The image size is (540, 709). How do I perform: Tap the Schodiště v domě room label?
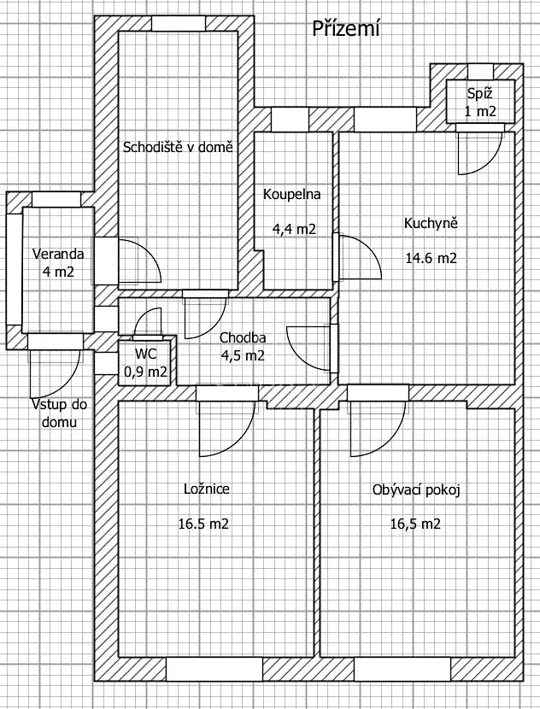click(x=179, y=146)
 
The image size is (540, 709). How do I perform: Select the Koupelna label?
click(x=291, y=194)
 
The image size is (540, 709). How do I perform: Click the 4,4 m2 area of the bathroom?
click(x=295, y=229)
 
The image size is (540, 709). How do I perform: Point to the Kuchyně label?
click(x=431, y=224)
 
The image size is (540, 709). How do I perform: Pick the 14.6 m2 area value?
click(x=431, y=258)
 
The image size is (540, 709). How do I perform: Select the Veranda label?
click(x=57, y=254)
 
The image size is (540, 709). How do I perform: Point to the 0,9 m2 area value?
click(x=145, y=371)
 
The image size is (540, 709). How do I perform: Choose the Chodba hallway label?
click(x=241, y=337)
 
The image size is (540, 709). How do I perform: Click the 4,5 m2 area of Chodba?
click(x=242, y=356)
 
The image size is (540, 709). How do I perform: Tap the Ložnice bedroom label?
click(x=207, y=489)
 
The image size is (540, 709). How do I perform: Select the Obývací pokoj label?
click(x=417, y=490)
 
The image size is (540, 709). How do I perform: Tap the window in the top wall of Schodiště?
click(x=178, y=23)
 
